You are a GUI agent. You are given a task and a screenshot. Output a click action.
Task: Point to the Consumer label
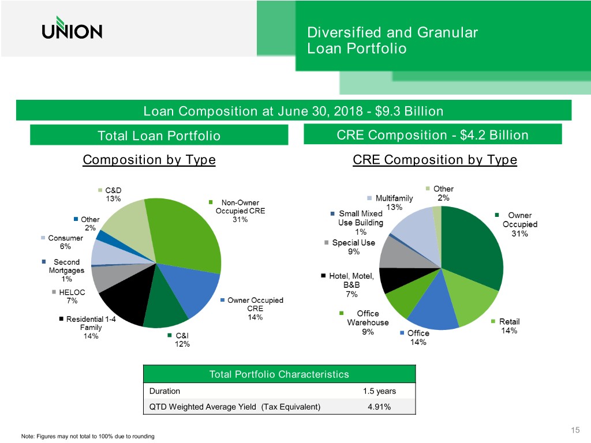click(x=65, y=238)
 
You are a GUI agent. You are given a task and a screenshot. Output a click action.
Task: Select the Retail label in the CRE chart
click(x=509, y=321)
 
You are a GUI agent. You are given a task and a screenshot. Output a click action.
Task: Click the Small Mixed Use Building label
click(x=361, y=218)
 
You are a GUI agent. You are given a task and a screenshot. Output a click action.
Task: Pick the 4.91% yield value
click(x=379, y=407)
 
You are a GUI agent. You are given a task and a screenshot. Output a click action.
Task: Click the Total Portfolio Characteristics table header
click(x=279, y=374)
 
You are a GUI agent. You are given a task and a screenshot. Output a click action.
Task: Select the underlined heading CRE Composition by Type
click(x=434, y=160)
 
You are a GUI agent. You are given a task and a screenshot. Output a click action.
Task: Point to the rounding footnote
click(x=87, y=437)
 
